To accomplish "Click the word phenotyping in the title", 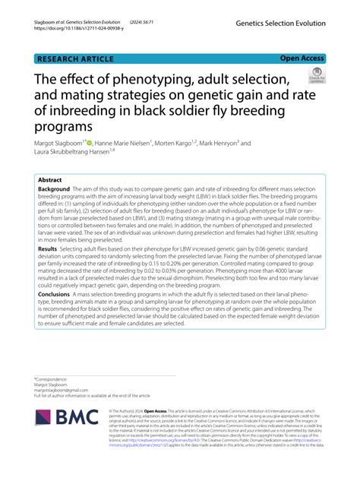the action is point(153,80).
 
